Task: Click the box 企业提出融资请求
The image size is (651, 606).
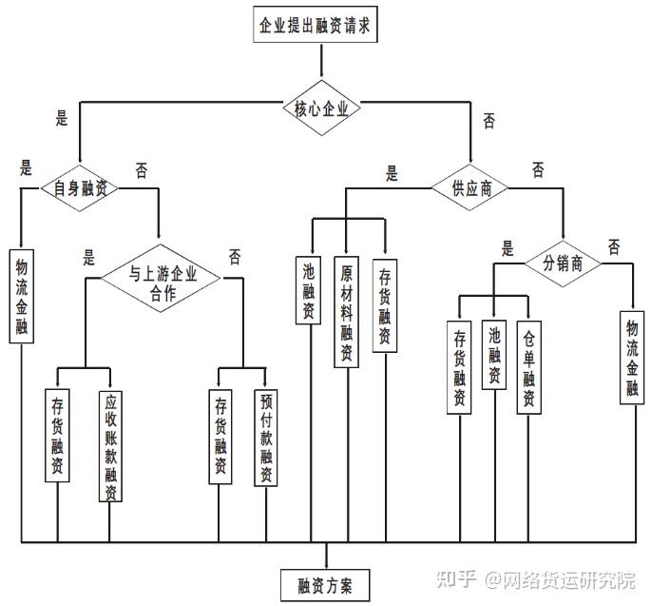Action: point(316,25)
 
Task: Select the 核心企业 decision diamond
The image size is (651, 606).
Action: point(321,108)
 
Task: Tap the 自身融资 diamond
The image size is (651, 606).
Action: point(79,188)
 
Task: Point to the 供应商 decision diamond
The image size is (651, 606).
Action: point(470,187)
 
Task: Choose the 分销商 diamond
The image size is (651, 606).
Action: point(563,264)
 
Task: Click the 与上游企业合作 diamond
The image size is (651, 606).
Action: point(161,278)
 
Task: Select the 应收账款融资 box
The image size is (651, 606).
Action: point(110,446)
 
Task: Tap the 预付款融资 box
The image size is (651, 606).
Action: point(266,438)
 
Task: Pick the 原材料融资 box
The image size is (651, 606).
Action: point(347,312)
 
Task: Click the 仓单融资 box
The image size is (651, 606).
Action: point(529,367)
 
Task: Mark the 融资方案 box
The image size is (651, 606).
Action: point(325,585)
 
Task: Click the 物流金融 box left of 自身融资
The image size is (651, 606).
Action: point(22,297)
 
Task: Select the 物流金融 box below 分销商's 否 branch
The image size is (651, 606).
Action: point(632,358)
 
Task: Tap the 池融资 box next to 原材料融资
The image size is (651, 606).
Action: point(309,290)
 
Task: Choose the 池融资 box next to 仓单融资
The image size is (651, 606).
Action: point(494,355)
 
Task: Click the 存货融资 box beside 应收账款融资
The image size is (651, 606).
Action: point(57,436)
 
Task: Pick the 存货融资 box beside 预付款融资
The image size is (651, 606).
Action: point(220,437)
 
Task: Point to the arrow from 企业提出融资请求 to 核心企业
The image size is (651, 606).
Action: point(321,60)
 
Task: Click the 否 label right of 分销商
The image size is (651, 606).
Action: point(614,247)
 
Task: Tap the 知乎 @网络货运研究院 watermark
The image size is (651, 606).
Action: point(536,579)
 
